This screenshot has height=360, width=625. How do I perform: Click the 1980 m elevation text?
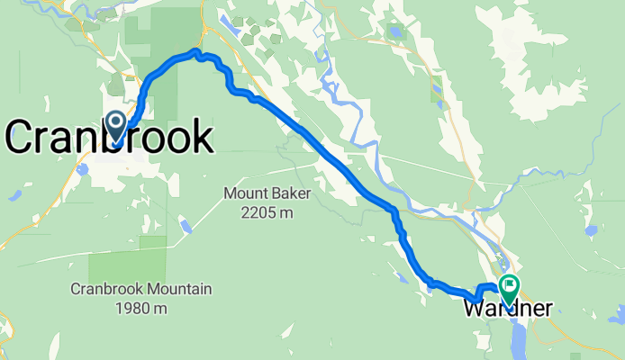(x=142, y=308)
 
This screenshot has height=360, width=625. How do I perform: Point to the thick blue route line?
(x=342, y=164)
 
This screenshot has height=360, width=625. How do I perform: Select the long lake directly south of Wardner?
(x=515, y=337)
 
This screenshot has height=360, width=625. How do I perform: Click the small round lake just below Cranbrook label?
(x=81, y=168)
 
